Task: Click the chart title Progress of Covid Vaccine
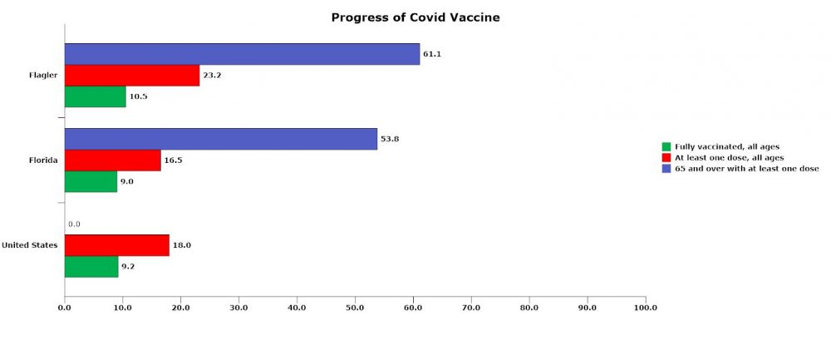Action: click(415, 17)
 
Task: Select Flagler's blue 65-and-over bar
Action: click(242, 54)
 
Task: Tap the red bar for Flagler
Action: click(132, 76)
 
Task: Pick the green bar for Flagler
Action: click(96, 96)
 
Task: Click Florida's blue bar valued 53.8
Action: click(221, 139)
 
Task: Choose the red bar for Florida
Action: click(113, 160)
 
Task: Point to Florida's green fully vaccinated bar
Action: click(91, 181)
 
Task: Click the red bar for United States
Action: click(117, 245)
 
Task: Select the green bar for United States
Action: click(91, 267)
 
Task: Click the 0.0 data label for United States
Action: click(74, 224)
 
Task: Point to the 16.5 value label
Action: click(174, 160)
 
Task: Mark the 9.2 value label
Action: click(128, 267)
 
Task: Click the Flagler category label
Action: click(43, 76)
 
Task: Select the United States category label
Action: click(30, 245)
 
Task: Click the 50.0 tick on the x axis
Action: click(355, 308)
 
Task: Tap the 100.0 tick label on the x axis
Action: click(646, 308)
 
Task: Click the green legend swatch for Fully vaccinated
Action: click(666, 147)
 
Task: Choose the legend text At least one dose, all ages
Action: click(730, 158)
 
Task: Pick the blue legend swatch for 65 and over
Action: click(666, 169)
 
